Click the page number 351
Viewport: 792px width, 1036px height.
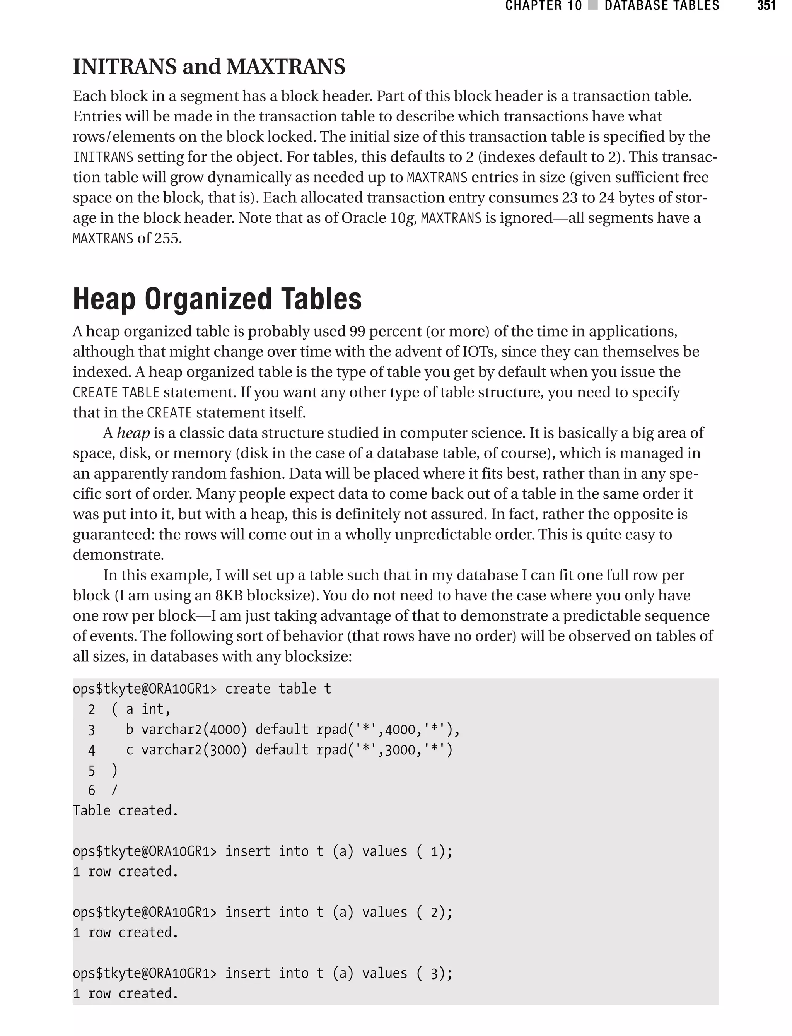pos(766,6)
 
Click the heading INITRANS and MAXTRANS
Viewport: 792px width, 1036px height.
pos(209,67)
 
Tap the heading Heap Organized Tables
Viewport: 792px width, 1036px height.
pos(217,299)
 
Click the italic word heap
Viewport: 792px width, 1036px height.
pos(133,433)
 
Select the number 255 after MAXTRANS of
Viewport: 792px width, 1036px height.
pos(168,239)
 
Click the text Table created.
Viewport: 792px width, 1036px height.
pos(125,810)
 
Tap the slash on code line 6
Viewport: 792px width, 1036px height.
pos(114,790)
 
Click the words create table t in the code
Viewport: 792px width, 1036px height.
pos(278,689)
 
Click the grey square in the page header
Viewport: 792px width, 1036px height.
pos(593,6)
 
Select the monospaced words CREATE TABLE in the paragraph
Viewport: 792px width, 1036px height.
pos(116,392)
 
